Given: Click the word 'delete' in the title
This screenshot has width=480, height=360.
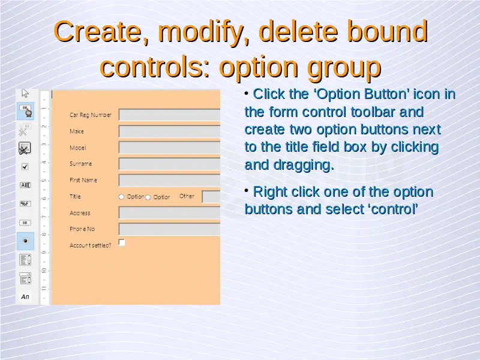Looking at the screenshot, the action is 298,32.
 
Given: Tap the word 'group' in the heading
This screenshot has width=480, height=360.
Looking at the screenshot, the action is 344,68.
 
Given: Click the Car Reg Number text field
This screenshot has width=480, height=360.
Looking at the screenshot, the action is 169,115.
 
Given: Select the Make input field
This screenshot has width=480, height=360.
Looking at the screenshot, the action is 169,131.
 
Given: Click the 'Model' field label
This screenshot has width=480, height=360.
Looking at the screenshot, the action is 78,148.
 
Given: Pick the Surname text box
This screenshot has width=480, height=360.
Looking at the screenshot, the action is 169,164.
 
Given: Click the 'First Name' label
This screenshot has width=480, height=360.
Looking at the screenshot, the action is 83,180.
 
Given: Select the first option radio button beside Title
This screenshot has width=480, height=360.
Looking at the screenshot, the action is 121,197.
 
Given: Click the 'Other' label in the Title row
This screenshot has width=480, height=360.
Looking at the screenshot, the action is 187,196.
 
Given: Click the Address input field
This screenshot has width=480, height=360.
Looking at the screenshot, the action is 169,213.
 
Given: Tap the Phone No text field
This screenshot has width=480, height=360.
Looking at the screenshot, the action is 169,229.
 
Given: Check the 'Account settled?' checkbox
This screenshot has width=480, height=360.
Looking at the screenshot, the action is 122,242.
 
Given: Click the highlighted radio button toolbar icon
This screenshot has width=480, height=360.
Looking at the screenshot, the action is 25,241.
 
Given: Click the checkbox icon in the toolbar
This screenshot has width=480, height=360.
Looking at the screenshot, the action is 25,167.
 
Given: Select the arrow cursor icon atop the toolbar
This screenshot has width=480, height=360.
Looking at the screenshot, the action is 25,93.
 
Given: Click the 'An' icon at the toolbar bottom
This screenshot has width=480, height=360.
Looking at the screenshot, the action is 25,296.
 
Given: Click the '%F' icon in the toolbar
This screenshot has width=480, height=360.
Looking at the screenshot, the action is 25,204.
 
